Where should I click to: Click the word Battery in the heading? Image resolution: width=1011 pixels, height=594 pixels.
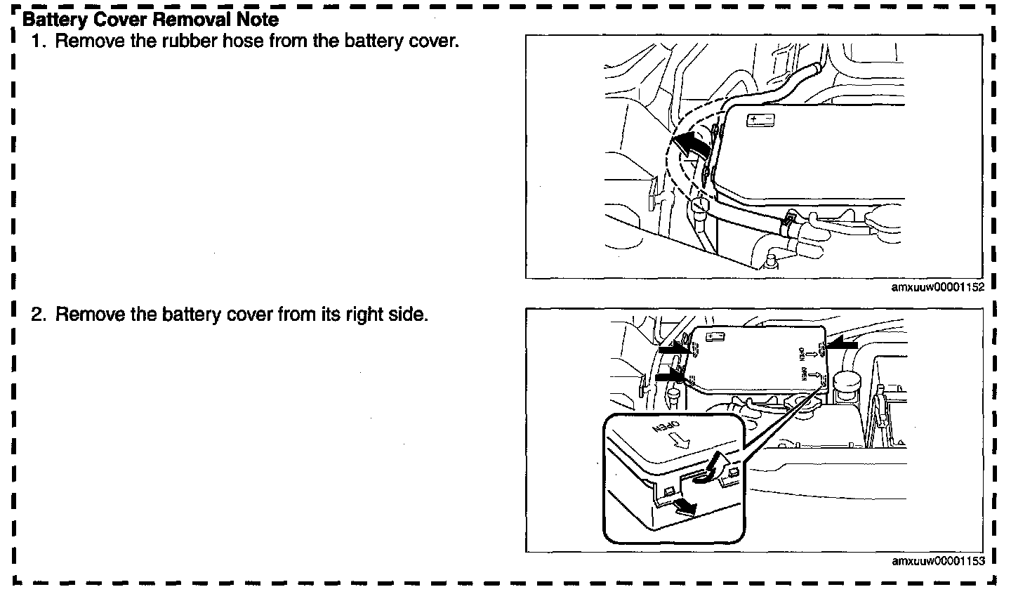click(x=53, y=20)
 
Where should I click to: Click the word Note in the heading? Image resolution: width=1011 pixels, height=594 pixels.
click(x=256, y=20)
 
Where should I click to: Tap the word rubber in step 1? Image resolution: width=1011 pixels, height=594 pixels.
click(x=186, y=41)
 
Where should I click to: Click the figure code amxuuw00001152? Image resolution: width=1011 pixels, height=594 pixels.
click(x=938, y=287)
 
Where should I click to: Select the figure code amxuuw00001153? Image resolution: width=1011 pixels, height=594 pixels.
click(x=938, y=561)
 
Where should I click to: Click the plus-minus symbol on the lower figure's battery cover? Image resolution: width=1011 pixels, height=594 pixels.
click(x=715, y=338)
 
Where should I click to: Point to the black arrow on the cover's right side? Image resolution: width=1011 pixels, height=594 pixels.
click(x=842, y=344)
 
